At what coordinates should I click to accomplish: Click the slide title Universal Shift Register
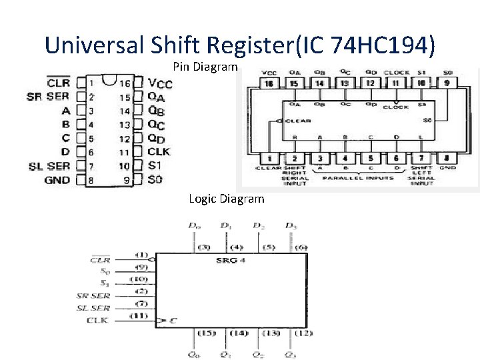(x=241, y=45)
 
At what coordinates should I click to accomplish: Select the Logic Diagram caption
(x=226, y=199)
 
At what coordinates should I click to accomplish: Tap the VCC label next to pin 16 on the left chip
(x=160, y=83)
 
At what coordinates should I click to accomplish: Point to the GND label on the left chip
(x=57, y=180)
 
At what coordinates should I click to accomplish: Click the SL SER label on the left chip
(x=49, y=166)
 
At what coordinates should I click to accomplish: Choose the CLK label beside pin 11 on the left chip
(x=159, y=152)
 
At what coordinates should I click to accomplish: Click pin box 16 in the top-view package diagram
(x=269, y=83)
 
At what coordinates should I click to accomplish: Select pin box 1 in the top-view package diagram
(x=269, y=159)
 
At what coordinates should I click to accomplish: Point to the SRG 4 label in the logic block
(x=231, y=259)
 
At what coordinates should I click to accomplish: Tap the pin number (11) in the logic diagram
(x=138, y=315)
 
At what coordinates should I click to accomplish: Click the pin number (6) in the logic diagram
(x=301, y=247)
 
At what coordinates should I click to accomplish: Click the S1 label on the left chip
(x=155, y=166)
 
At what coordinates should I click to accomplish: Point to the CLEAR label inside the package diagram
(x=298, y=121)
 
